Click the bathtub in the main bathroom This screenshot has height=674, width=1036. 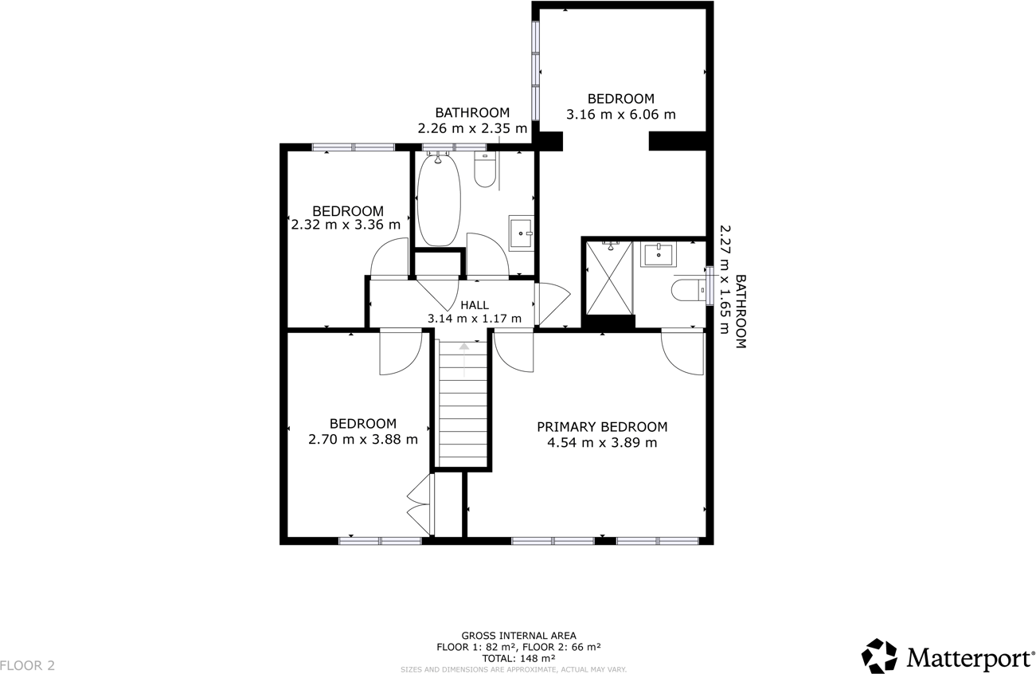[x=437, y=200]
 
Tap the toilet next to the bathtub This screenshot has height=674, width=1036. [x=485, y=170]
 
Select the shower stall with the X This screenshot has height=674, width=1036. [x=609, y=279]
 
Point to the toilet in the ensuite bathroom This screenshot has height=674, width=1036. [x=687, y=290]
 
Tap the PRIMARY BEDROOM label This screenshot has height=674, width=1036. [x=601, y=427]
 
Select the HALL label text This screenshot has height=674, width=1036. [x=475, y=304]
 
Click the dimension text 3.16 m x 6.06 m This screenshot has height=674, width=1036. [x=620, y=115]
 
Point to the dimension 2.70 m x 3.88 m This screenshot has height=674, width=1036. [x=362, y=439]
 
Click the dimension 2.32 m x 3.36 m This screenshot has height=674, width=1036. [x=346, y=225]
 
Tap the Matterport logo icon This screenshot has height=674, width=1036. [x=879, y=656]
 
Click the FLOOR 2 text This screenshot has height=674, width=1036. [x=28, y=665]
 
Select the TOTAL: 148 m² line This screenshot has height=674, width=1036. [x=518, y=659]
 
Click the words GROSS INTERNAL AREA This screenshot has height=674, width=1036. [x=518, y=635]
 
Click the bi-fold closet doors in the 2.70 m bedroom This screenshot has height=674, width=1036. [x=420, y=504]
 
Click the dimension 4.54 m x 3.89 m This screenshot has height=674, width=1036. [x=601, y=443]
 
